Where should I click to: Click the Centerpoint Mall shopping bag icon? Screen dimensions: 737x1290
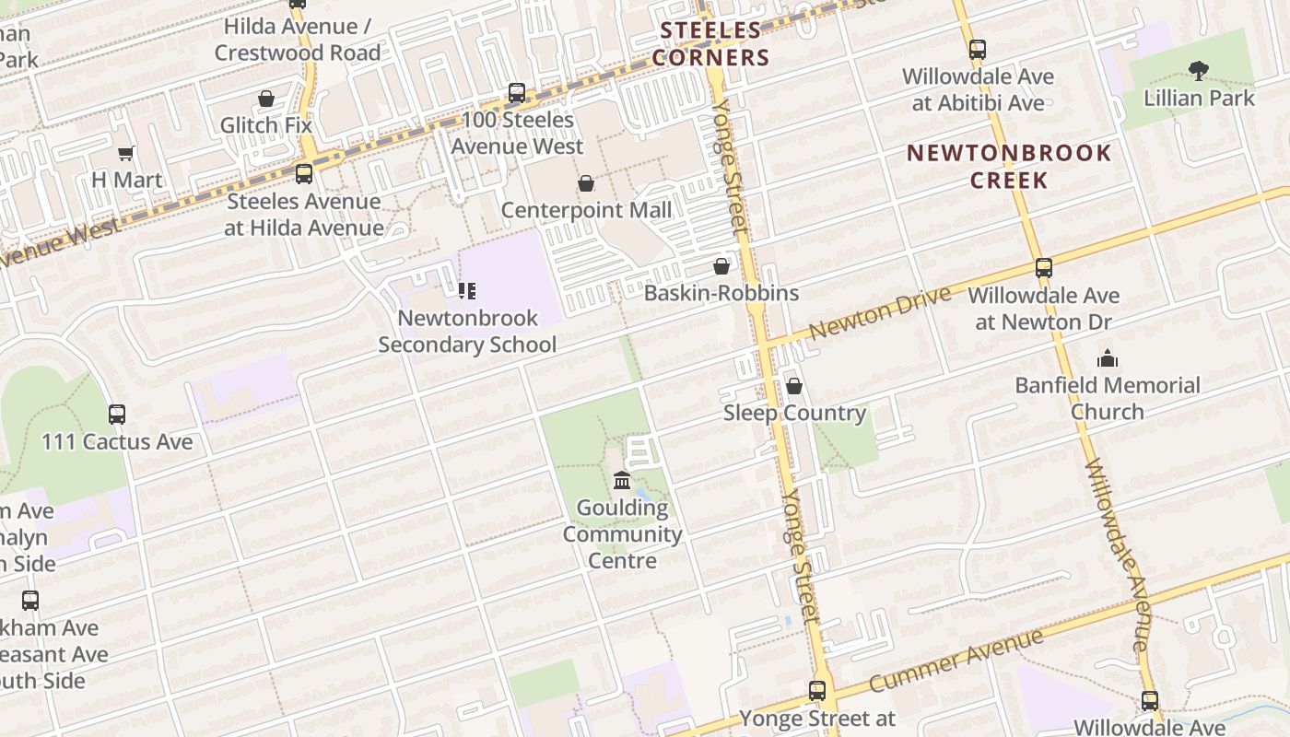[x=585, y=184]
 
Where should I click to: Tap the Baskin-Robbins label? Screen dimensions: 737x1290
[x=721, y=293]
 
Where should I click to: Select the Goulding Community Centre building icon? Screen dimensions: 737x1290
[x=622, y=481]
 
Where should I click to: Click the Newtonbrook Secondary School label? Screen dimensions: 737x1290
[x=467, y=332]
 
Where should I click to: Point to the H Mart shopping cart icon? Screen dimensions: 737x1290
[x=126, y=153]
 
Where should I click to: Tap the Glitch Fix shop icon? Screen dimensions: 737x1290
[x=266, y=99]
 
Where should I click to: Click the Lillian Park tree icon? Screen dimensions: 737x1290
[x=1198, y=70]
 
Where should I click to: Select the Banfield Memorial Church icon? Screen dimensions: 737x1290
[x=1108, y=358]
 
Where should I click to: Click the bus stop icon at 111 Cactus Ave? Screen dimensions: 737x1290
[x=117, y=415]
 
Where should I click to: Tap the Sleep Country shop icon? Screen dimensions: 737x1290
[x=793, y=386]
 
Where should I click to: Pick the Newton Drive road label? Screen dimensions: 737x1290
[x=879, y=313]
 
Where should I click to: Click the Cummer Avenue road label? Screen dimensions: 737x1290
[x=956, y=660]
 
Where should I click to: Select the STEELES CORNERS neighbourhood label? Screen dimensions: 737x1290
[x=710, y=44]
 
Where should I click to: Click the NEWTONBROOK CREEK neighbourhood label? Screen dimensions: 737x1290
[x=1009, y=166]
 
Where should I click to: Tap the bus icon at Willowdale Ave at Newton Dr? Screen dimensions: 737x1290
[x=1043, y=268]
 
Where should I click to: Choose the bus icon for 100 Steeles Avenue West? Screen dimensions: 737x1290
[x=517, y=93]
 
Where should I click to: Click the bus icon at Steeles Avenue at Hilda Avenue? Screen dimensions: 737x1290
[x=303, y=174]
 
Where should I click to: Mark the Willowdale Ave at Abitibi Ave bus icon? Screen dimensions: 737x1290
[x=978, y=50]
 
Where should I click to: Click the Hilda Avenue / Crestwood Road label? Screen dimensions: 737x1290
[x=298, y=40]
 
